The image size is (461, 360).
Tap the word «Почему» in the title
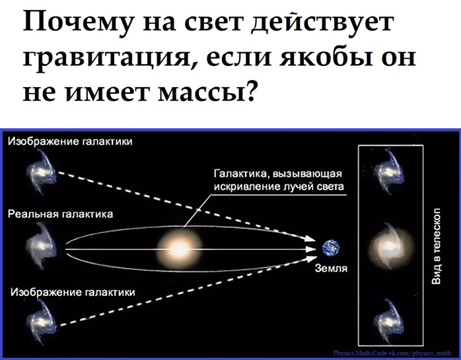click(77, 23)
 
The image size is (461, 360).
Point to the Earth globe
click(330, 248)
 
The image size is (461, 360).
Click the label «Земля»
click(331, 268)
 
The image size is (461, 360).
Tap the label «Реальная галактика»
click(60, 214)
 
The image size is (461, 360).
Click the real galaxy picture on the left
click(40, 245)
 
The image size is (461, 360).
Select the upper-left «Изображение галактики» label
click(70, 141)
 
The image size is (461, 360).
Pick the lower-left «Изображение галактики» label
click(73, 293)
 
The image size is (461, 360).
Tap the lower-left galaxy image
click(41, 322)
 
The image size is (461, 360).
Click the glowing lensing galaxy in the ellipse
click(180, 249)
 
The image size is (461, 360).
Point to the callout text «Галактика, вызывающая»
click(278, 174)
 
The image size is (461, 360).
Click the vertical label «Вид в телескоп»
click(436, 246)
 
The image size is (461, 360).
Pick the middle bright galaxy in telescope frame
click(390, 246)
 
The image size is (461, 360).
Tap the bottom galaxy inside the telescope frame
click(389, 322)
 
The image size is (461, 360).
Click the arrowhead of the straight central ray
click(311, 249)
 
